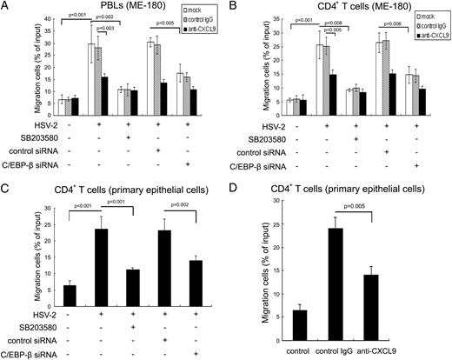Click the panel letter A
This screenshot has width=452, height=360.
click(x=6, y=7)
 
